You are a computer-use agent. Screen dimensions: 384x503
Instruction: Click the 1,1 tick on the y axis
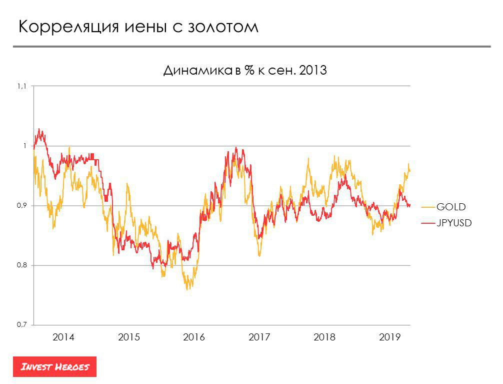(21, 87)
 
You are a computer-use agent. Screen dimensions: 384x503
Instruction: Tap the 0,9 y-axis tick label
(21, 206)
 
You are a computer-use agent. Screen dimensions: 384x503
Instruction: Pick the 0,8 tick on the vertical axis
(21, 265)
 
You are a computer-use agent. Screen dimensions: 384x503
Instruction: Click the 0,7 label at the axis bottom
(21, 325)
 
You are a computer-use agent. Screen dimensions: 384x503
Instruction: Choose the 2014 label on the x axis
(63, 338)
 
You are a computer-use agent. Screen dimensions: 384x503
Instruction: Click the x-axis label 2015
(129, 338)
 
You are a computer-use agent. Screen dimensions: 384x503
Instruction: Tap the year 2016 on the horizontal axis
(194, 338)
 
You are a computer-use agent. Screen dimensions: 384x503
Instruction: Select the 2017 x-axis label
(259, 338)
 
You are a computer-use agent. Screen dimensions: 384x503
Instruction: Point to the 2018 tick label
(324, 338)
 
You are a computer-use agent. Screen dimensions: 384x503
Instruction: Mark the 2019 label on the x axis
(390, 338)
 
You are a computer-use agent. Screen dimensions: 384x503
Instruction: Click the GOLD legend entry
(451, 206)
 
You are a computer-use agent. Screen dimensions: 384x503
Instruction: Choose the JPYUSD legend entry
(454, 223)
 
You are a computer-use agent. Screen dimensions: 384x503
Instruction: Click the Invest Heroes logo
(55, 367)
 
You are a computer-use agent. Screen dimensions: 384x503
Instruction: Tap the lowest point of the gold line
(188, 289)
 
